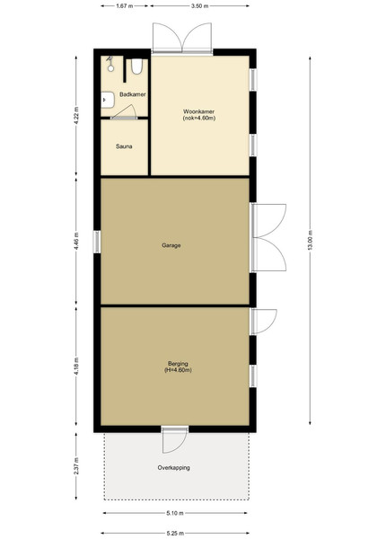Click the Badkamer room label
[133, 94]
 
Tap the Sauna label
[124, 146]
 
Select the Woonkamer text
[199, 111]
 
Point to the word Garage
[171, 245]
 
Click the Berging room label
[178, 364]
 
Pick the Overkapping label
[174, 467]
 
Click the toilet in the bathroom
[136, 66]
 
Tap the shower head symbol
[110, 64]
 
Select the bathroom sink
[108, 100]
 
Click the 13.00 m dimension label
[310, 240]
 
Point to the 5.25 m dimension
[175, 534]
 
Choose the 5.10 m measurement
[175, 513]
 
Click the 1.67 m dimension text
[125, 6]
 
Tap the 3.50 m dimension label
[200, 6]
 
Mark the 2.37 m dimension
[76, 466]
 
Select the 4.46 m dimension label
[76, 241]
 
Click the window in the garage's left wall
[97, 242]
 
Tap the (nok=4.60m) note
[199, 119]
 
